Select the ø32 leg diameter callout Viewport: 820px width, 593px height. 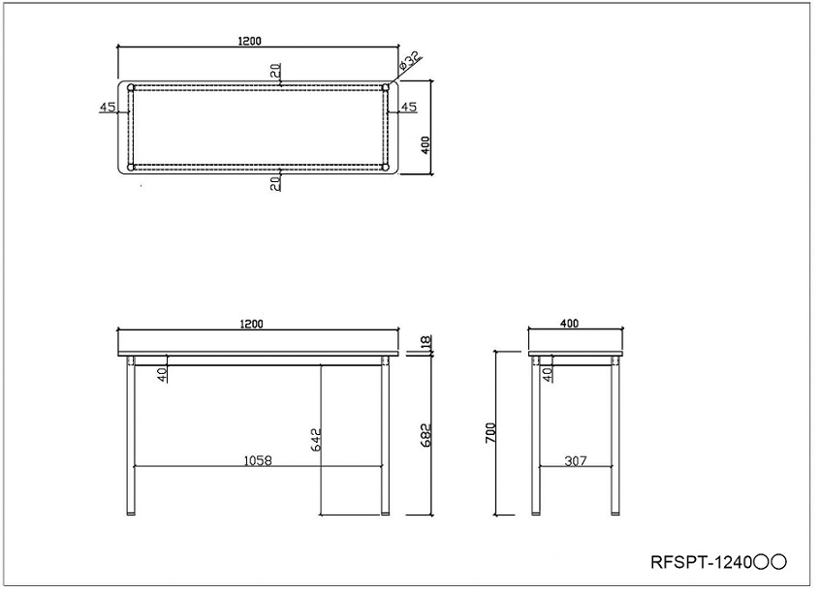[x=409, y=62]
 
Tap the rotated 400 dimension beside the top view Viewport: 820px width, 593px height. [x=425, y=142]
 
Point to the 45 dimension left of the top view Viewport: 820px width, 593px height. [x=108, y=107]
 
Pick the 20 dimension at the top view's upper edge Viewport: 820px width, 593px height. [x=275, y=72]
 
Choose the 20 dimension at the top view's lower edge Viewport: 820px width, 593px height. [x=275, y=182]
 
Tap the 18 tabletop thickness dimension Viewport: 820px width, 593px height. [x=426, y=342]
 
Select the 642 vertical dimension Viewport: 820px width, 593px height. [x=314, y=441]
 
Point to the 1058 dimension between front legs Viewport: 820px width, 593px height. [x=257, y=461]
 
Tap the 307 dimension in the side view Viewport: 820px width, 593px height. [x=576, y=461]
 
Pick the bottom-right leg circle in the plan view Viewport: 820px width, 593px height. [x=385, y=168]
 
